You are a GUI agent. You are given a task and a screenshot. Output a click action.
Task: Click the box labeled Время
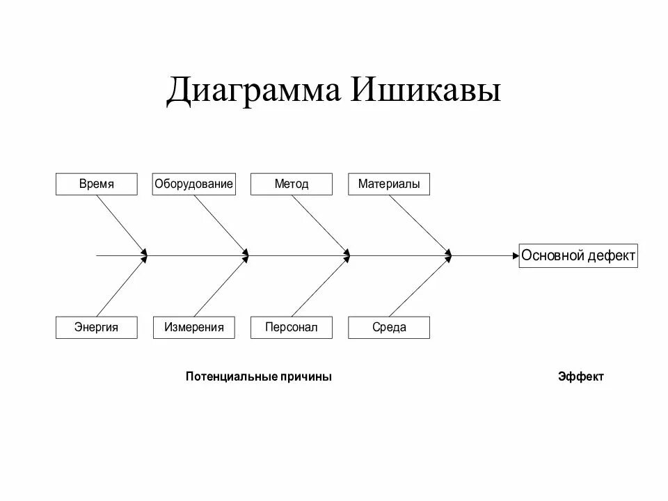click(96, 184)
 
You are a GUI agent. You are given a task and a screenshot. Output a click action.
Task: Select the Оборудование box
click(193, 184)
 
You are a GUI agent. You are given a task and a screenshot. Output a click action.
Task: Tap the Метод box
click(292, 184)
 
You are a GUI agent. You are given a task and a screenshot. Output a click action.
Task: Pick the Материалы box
click(389, 184)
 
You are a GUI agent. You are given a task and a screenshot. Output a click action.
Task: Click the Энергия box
click(96, 327)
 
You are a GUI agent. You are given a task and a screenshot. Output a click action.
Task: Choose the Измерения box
click(193, 327)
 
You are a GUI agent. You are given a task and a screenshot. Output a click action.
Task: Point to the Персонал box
click(292, 327)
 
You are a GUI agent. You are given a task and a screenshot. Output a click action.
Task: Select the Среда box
click(389, 327)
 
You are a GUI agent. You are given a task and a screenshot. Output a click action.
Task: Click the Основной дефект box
click(578, 256)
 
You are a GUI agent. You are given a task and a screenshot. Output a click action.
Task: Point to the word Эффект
click(581, 376)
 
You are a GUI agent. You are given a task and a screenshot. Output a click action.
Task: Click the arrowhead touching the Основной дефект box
click(515, 256)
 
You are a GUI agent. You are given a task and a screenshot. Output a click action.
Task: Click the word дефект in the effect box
click(610, 256)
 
